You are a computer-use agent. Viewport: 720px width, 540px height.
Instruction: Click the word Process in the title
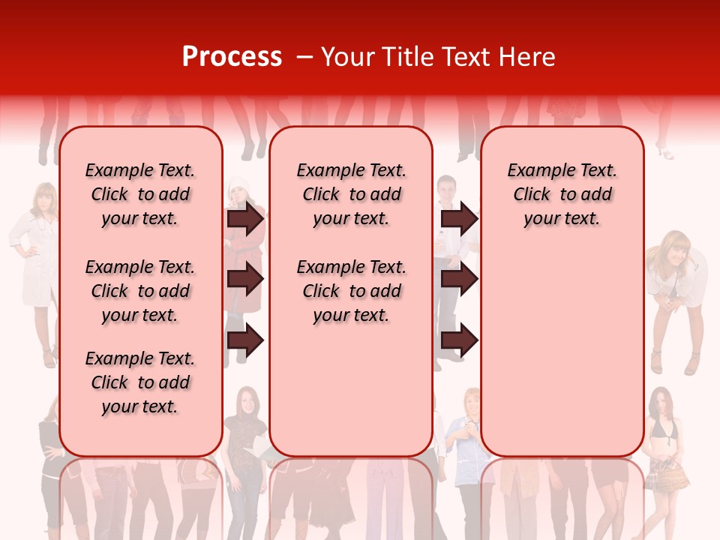tap(232, 57)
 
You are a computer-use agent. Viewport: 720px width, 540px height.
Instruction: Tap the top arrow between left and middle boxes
tap(245, 218)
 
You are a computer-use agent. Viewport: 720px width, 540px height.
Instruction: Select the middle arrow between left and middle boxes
tap(245, 279)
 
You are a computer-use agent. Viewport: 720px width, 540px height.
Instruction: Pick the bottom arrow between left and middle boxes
tap(245, 340)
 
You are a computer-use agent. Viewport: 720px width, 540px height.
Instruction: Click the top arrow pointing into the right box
tap(459, 218)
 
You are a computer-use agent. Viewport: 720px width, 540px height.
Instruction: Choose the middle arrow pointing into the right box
tap(459, 279)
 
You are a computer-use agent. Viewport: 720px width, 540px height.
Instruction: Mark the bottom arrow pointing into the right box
tap(459, 340)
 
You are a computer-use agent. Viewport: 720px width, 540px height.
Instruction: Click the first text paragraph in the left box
tap(140, 194)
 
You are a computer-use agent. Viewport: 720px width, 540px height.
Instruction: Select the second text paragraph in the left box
tap(140, 291)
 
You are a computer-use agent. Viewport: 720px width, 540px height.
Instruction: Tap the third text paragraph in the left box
tap(140, 382)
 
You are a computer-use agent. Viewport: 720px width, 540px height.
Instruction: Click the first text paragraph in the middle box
tap(351, 194)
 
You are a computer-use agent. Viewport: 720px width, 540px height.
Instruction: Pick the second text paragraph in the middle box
tap(351, 291)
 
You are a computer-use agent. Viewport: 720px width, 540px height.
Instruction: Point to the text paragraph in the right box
tap(562, 194)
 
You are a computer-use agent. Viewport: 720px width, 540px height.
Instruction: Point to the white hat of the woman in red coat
tap(238, 184)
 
